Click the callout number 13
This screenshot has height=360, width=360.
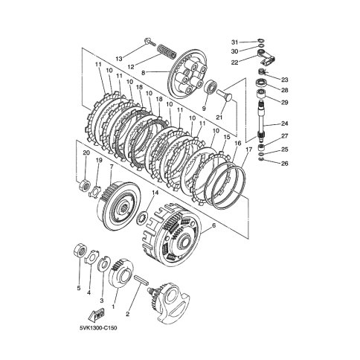click(119, 59)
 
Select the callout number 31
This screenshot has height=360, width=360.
click(234, 42)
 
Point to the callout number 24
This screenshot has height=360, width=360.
click(285, 123)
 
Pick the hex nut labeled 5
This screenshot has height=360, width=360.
click(80, 250)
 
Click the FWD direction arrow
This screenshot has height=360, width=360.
click(97, 315)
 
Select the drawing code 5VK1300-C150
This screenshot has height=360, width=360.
click(98, 328)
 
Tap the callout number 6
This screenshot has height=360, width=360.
click(213, 225)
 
